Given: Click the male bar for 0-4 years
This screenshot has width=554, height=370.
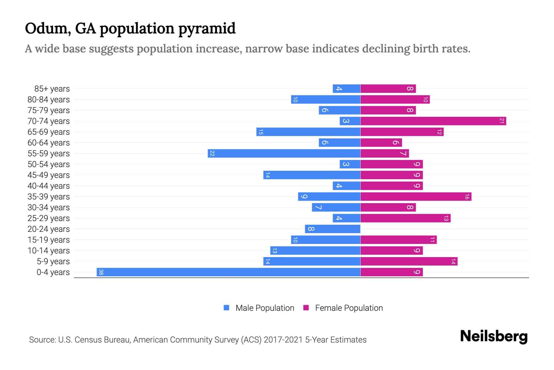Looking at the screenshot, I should point(228,272).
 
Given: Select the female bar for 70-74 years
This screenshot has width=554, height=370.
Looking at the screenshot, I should point(433,121).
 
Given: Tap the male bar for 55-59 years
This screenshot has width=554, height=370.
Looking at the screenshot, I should point(284,154).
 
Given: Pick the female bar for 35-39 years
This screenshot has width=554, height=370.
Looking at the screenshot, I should point(416,197).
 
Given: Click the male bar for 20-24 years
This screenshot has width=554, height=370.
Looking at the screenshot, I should point(332,229).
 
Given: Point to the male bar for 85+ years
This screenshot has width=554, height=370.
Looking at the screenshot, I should point(346,89).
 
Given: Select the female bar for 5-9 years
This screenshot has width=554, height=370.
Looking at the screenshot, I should point(409,261).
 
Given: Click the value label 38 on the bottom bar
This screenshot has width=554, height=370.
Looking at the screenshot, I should point(101,272).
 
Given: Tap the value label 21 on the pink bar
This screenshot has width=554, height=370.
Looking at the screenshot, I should point(502,121).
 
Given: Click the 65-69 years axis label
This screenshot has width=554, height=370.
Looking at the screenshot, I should point(49,132).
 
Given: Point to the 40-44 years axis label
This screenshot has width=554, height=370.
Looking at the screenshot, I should point(49,186).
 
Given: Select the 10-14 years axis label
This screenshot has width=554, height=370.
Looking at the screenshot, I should point(49,251).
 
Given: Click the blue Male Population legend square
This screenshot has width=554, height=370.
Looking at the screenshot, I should point(227,308).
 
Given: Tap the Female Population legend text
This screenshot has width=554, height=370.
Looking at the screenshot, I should point(349,308).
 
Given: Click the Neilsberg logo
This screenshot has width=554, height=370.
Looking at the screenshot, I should point(494,336).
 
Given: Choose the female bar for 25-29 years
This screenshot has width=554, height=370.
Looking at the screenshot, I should point(405,218).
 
